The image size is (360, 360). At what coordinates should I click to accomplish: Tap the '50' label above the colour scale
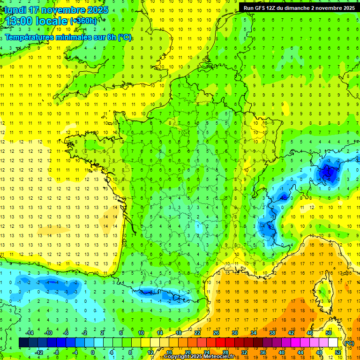tap(329, 333)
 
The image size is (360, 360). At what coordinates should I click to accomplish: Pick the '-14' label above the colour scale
tap(30, 333)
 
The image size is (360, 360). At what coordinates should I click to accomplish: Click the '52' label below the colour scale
tap(338, 352)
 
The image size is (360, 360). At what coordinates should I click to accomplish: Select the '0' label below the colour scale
tap(93, 352)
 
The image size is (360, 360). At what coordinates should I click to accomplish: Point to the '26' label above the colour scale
tap(216, 333)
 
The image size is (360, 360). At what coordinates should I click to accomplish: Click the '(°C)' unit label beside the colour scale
tap(349, 343)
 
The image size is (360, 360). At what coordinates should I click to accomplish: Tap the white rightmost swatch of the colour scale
tap(333, 343)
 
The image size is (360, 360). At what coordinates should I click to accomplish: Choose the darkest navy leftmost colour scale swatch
tap(23, 343)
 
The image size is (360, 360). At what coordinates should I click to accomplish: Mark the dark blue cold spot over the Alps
tap(327, 172)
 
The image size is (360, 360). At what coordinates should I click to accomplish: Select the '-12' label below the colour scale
tap(39, 352)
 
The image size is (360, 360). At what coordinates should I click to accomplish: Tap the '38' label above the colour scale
tap(272, 333)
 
